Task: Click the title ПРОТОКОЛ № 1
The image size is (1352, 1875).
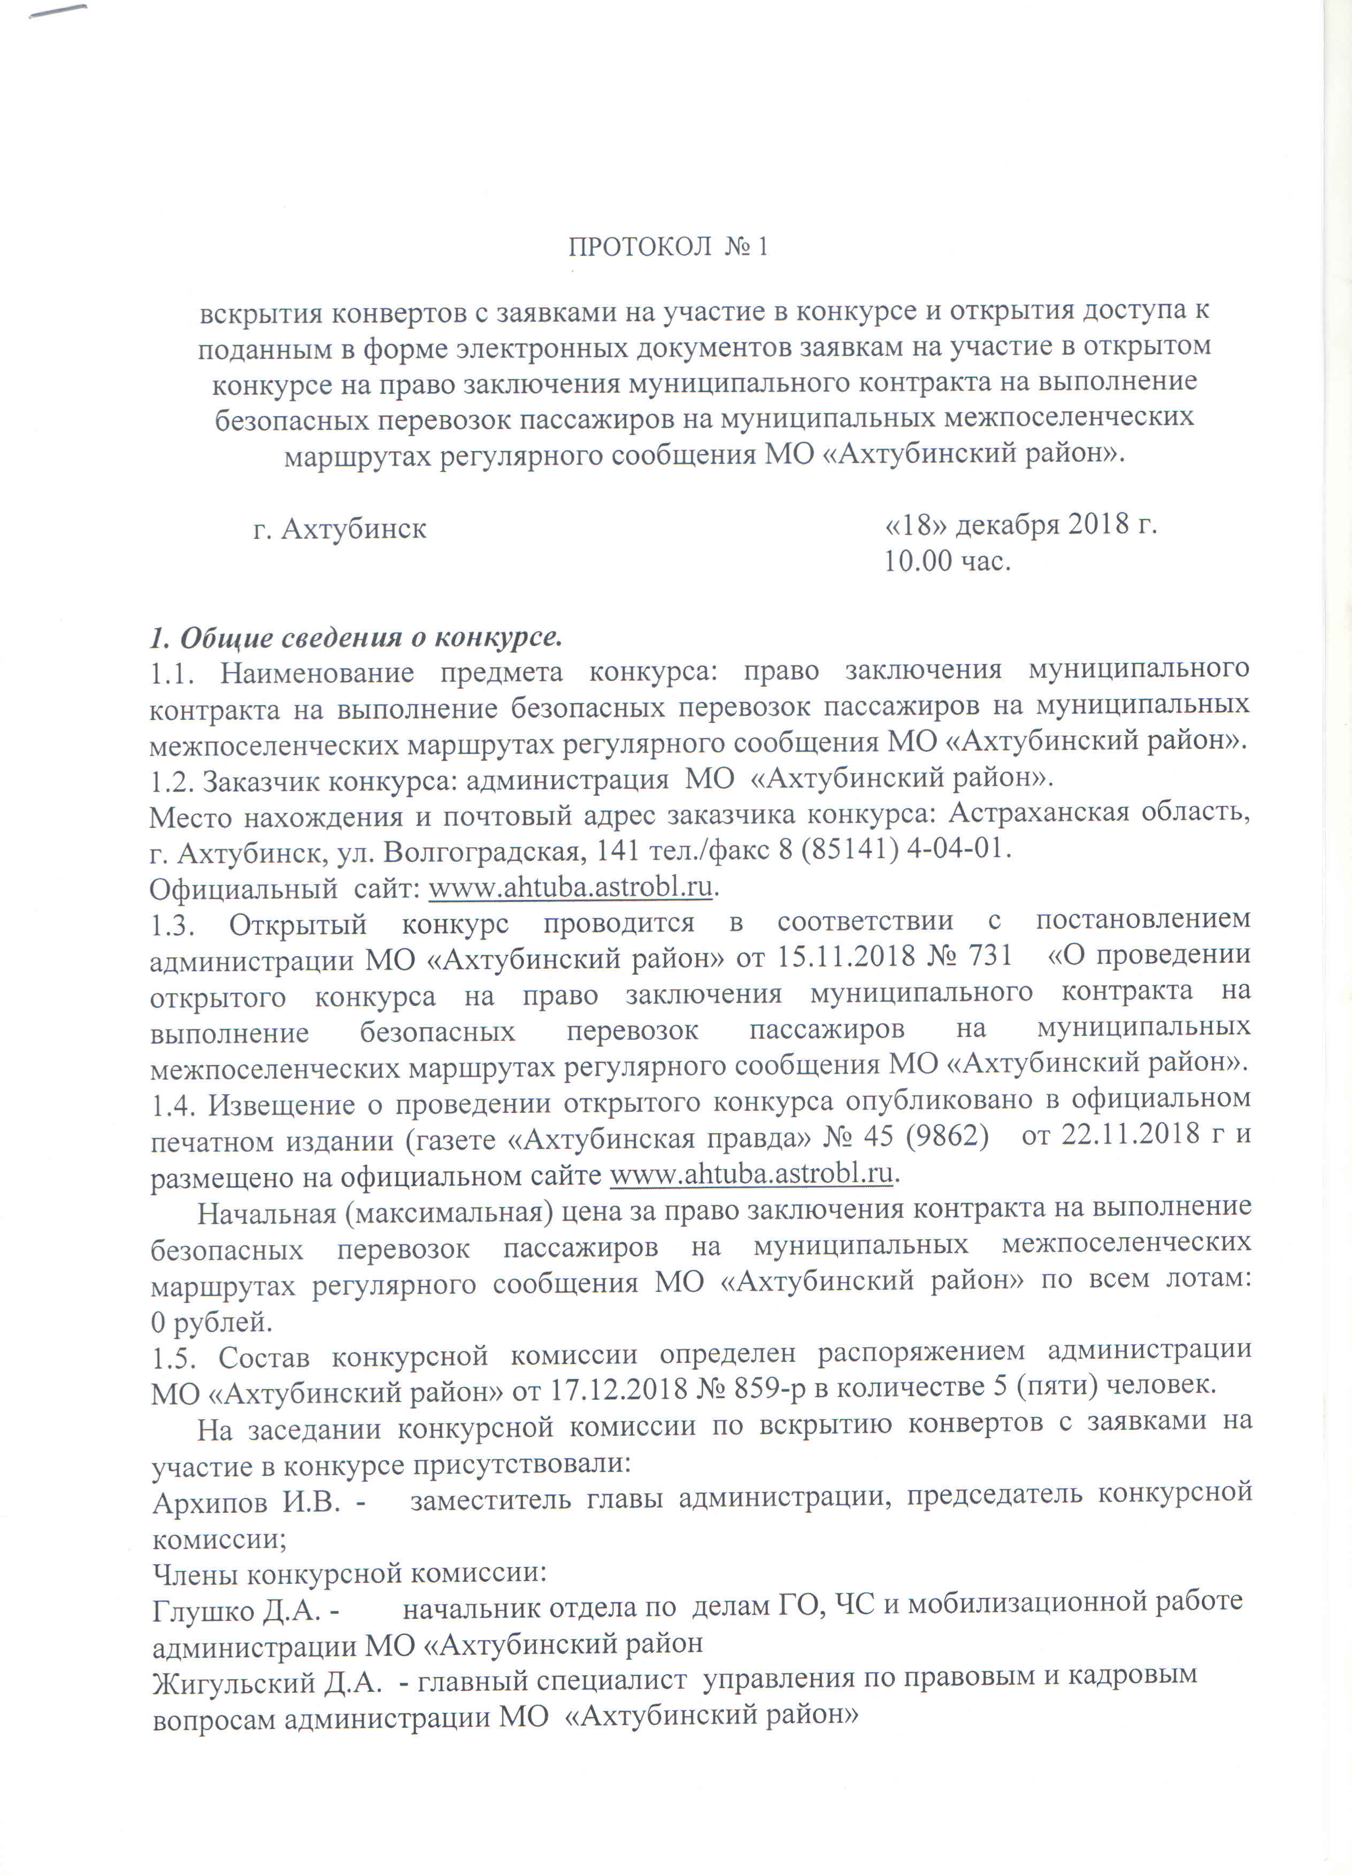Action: [668, 247]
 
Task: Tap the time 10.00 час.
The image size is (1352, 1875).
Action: [947, 561]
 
